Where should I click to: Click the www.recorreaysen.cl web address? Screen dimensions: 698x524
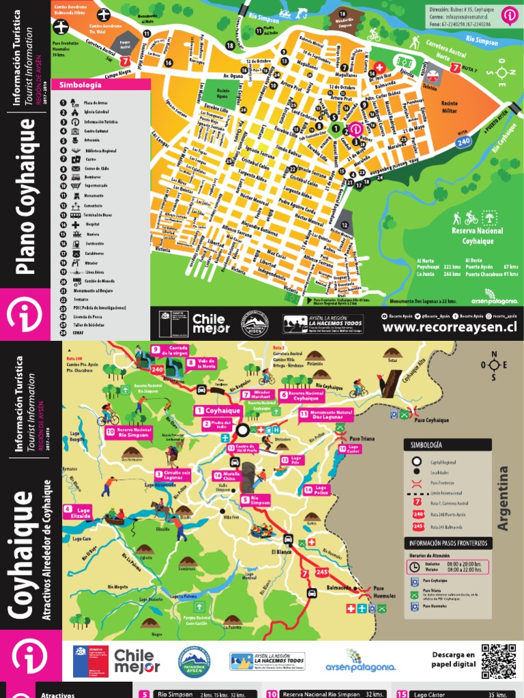point(449,327)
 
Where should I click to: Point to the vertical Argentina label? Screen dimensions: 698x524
point(505,498)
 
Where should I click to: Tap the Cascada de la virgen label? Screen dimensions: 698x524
point(169,351)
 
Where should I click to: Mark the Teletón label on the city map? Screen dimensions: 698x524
point(430,88)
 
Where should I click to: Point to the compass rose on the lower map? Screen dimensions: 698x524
point(493,364)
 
